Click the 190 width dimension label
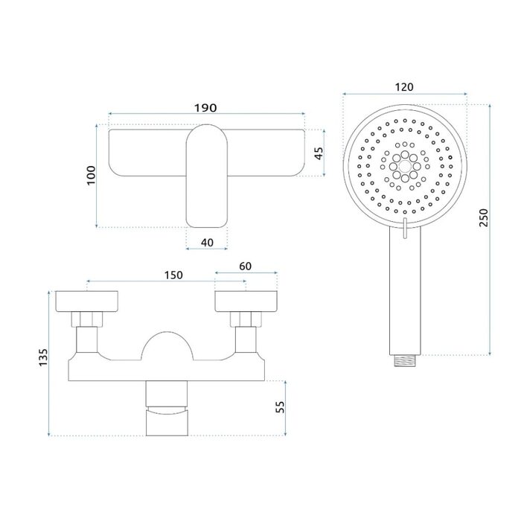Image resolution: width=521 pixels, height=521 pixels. coord(205,108)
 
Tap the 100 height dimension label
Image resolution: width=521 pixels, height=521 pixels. coord(91,176)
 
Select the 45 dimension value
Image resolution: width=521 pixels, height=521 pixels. coord(319,153)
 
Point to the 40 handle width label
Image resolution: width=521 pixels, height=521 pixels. coord(207,242)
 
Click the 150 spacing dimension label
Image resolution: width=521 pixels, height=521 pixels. coord(173,275)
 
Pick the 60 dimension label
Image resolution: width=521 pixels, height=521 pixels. coord(245,266)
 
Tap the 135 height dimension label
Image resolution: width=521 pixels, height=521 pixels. coord(43,357)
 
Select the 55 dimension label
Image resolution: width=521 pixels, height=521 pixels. coord(281,406)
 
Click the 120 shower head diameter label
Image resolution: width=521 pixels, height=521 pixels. coord(404,87)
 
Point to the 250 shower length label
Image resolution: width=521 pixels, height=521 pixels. coord(484,217)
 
